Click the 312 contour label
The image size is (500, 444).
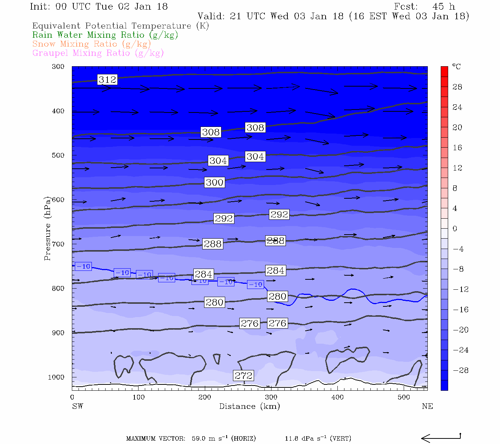tap(107, 80)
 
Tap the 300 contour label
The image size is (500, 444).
tap(215, 182)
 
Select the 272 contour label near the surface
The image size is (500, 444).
tap(243, 376)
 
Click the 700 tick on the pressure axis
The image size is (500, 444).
tap(58, 244)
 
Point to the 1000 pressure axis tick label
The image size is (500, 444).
tap(56, 377)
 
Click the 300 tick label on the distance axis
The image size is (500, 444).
tap(271, 397)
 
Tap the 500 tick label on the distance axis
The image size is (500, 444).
tap(404, 397)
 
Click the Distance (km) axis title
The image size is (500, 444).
tap(249, 406)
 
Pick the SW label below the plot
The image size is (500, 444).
tap(77, 406)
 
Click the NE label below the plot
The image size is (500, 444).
tap(427, 406)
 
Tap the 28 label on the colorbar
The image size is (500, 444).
tap(457, 87)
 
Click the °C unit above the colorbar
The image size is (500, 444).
tap(456, 67)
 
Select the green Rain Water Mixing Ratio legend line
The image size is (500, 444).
tap(105, 35)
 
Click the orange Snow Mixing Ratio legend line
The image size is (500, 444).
tap(91, 44)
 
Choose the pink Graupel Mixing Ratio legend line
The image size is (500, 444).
tap(98, 53)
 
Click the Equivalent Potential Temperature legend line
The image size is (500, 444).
tap(120, 26)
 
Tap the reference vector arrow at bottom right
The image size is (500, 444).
tap(441, 438)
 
